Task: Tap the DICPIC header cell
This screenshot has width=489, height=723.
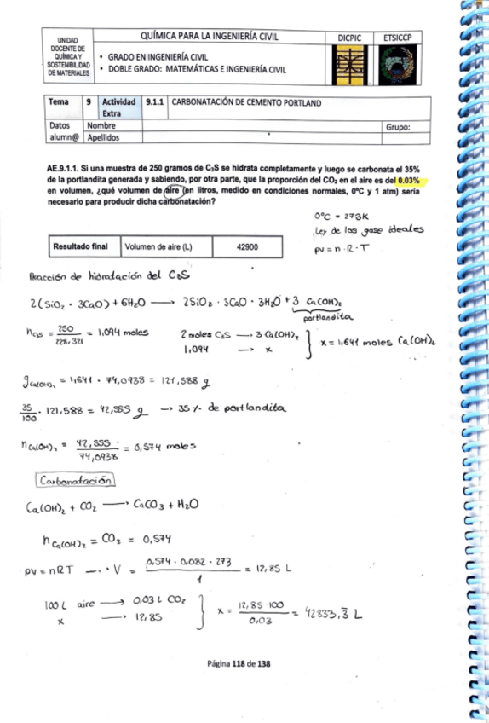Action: click(350, 38)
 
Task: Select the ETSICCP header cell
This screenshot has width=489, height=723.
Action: click(396, 38)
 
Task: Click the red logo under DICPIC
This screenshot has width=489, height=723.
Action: click(350, 64)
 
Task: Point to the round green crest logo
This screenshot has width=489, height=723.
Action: click(396, 64)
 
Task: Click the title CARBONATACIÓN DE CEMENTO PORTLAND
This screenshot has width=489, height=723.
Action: click(247, 103)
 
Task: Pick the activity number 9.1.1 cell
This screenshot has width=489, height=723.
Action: click(156, 103)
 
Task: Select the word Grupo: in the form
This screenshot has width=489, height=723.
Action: click(398, 126)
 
